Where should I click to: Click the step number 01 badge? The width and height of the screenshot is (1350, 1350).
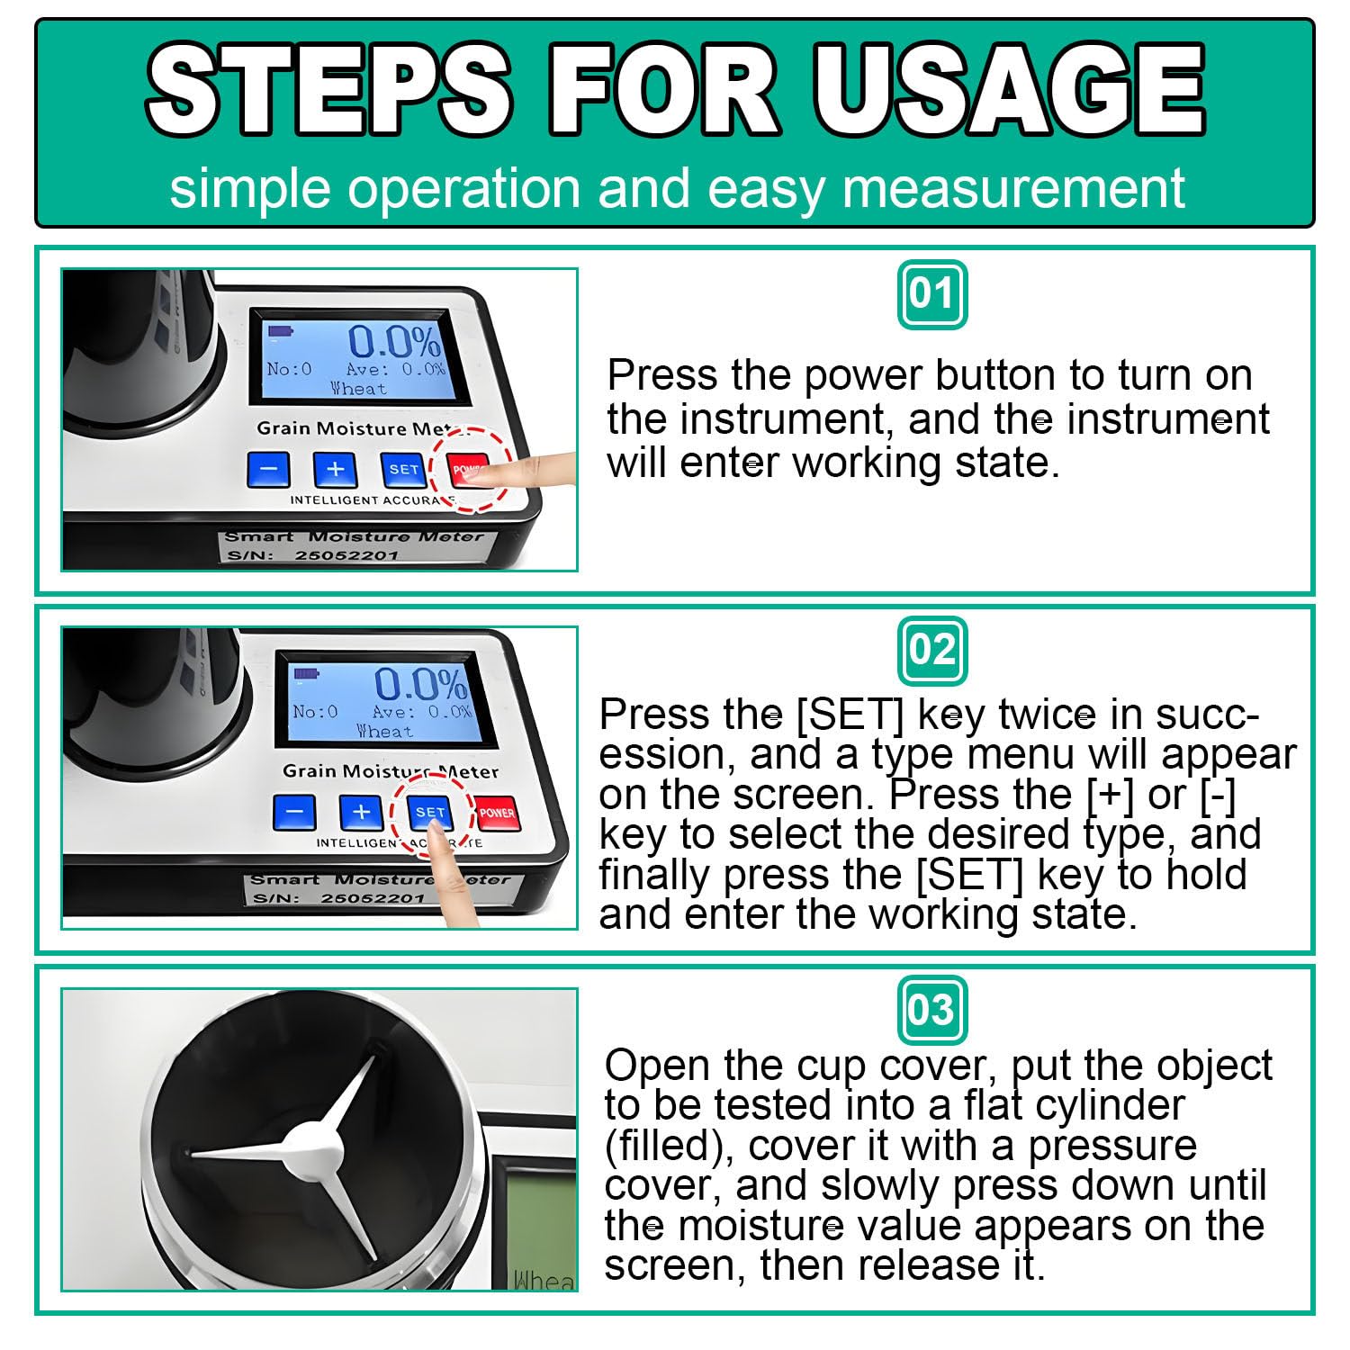(932, 294)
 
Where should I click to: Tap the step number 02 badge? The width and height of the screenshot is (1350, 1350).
(932, 650)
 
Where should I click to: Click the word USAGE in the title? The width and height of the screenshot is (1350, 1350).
(1008, 89)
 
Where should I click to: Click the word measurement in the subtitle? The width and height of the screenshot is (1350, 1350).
(1013, 189)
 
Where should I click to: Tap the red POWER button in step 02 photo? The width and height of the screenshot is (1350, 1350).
(497, 813)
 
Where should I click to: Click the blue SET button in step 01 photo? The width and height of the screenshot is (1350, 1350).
(404, 469)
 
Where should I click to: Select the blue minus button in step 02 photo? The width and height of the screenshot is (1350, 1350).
(294, 814)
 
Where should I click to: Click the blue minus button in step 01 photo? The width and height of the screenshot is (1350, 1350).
(268, 470)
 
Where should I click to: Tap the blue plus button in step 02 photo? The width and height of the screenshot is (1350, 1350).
(361, 813)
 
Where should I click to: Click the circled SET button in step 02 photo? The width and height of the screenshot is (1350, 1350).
(430, 813)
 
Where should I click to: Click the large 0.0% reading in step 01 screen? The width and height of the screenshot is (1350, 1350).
(394, 342)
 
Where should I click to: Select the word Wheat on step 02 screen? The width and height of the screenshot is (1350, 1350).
(384, 731)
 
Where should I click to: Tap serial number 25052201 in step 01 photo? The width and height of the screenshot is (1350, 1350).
(346, 555)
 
